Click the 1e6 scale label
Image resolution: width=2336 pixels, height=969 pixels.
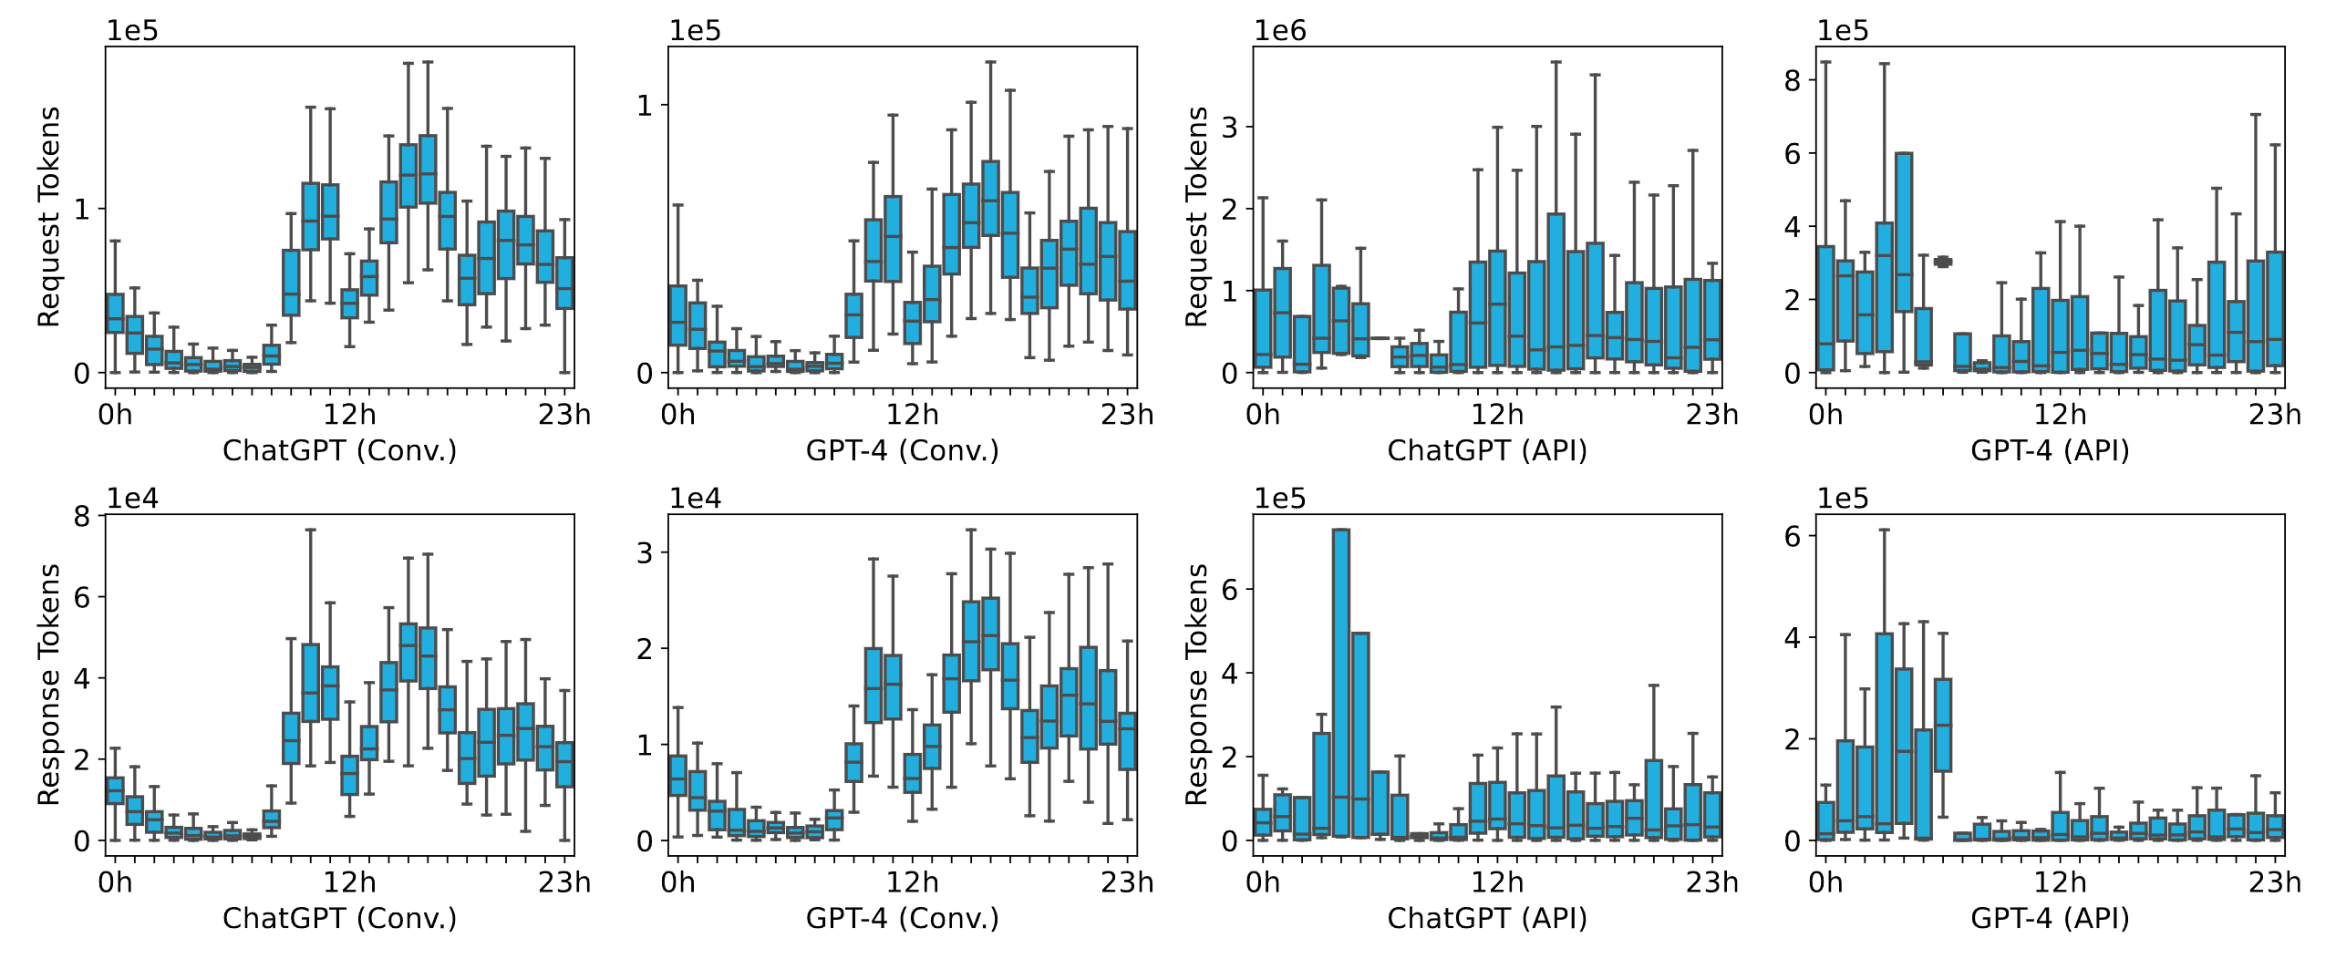click(x=1279, y=31)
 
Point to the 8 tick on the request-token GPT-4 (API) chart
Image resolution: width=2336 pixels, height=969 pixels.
click(x=1793, y=81)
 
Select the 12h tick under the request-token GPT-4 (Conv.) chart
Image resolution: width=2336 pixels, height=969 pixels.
click(x=912, y=415)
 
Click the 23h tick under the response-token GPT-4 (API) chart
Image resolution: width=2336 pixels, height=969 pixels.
click(x=2274, y=882)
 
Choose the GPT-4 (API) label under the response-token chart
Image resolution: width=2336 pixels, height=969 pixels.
click(x=2050, y=917)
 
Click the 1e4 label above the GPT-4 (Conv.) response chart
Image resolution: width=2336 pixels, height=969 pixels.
click(x=695, y=499)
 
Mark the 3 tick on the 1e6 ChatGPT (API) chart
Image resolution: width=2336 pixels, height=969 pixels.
click(x=1230, y=128)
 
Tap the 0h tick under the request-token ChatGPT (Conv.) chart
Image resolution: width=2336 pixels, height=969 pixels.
click(x=115, y=415)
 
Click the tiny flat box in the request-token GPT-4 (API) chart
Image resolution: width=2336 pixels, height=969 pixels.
click(x=1943, y=262)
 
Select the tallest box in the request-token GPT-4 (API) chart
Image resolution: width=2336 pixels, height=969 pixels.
click(x=1904, y=232)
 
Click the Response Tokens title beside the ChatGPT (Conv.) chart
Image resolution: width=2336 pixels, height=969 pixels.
click(x=48, y=684)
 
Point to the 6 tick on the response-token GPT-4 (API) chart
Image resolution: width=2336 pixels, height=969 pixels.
click(x=1793, y=536)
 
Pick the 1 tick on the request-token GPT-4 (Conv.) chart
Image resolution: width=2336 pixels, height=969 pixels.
click(x=645, y=106)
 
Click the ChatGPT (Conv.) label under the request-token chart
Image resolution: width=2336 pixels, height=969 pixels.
click(x=339, y=450)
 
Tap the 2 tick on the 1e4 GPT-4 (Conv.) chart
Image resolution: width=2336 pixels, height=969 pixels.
click(x=645, y=649)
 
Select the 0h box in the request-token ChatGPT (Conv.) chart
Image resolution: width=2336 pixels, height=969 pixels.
click(x=115, y=313)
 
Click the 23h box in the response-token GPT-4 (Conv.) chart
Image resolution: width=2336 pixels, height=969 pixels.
click(x=1128, y=741)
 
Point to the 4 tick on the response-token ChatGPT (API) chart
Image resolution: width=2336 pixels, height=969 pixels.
click(x=1230, y=674)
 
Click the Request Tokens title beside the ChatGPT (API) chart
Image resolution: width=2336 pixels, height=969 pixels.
click(x=1195, y=216)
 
